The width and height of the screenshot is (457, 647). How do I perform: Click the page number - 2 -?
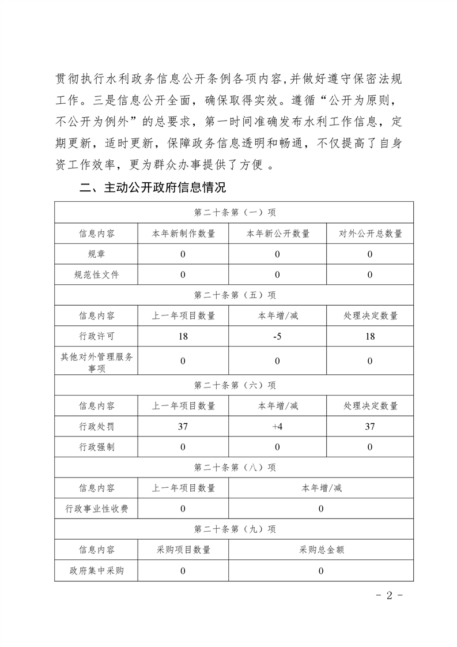(387, 596)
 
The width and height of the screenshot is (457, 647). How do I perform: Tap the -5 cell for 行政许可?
(277, 336)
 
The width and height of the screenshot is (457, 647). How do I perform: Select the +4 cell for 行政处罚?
(277, 427)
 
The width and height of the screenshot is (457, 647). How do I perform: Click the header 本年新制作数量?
(183, 234)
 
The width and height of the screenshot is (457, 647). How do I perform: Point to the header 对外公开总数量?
(370, 234)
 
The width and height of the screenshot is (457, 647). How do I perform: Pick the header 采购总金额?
(320, 550)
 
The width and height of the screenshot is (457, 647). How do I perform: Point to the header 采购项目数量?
(183, 550)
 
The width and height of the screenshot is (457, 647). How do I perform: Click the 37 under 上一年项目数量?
(183, 427)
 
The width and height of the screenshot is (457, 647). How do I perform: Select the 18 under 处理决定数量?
(370, 336)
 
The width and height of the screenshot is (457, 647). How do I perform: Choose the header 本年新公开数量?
(277, 234)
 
